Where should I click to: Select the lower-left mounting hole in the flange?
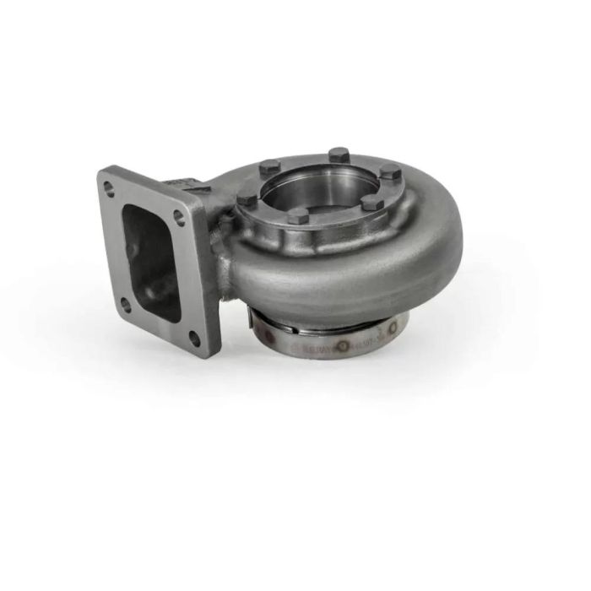click(x=125, y=305)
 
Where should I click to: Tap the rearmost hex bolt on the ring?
click(x=339, y=155)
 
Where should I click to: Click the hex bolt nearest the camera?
click(x=297, y=215)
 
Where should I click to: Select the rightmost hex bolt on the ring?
click(x=389, y=171)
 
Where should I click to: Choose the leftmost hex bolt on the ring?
click(x=247, y=199)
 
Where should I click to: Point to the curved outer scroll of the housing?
click(x=355, y=270)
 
